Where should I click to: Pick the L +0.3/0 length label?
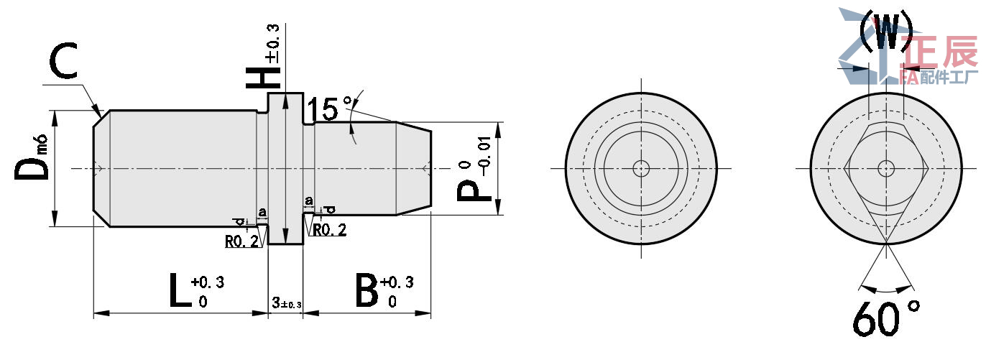pos(194,290)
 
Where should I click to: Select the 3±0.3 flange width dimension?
pos(286,304)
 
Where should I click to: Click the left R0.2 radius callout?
pos(241,242)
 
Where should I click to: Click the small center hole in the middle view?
pos(640,168)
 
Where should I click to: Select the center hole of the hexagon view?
pos(886,168)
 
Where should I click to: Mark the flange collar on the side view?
pos(286,168)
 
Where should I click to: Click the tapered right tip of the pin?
pos(414,168)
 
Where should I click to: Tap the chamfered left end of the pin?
pos(101,168)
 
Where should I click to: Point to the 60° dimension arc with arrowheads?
pos(886,290)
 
